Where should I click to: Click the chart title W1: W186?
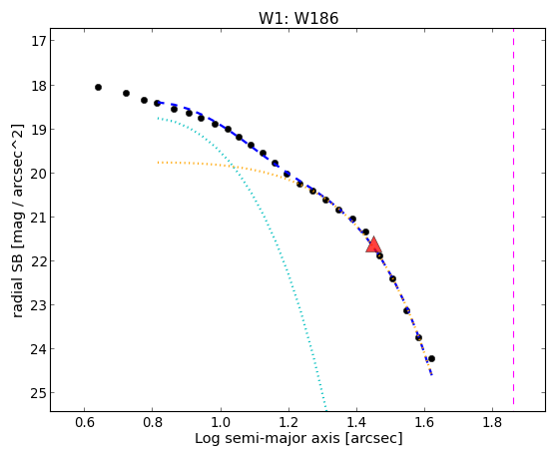[x=298, y=18]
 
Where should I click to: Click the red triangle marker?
[x=373, y=244]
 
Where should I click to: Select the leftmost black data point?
[x=98, y=87]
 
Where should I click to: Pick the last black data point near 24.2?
[x=431, y=358]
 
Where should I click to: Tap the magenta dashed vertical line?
[x=513, y=217]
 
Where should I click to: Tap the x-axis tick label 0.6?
[x=84, y=423]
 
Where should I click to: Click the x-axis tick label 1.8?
[x=492, y=423]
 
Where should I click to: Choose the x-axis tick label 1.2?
[x=288, y=423]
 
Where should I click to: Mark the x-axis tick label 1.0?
[x=221, y=423]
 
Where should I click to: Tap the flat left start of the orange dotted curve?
[x=158, y=163]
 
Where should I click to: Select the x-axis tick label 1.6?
[x=424, y=423]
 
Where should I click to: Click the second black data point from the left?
[x=126, y=93]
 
